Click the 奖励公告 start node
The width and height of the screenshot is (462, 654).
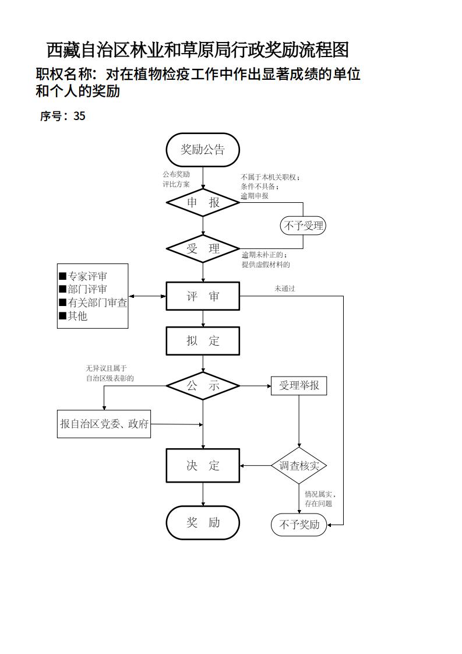pyautogui.click(x=203, y=150)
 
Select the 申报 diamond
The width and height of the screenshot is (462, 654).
pyautogui.click(x=203, y=202)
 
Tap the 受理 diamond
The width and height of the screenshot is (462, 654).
pyautogui.click(x=203, y=249)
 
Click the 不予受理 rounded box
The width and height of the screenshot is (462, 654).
pyautogui.click(x=303, y=226)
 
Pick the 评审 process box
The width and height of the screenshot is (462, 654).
pyautogui.click(x=203, y=296)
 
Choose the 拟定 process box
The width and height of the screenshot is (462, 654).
pyautogui.click(x=203, y=340)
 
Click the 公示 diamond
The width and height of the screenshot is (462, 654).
pyautogui.click(x=203, y=386)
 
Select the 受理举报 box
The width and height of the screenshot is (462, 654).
pyautogui.click(x=299, y=386)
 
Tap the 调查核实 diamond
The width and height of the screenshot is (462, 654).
pyautogui.click(x=299, y=466)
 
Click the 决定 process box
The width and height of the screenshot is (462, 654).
pyautogui.click(x=203, y=465)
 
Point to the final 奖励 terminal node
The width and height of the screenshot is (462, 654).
pyautogui.click(x=203, y=522)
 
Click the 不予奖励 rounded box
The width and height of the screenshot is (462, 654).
pyautogui.click(x=299, y=525)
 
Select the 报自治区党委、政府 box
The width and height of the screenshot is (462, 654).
pyautogui.click(x=104, y=424)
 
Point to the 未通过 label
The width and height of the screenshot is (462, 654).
pyautogui.click(x=284, y=289)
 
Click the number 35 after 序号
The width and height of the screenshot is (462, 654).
pyautogui.click(x=79, y=116)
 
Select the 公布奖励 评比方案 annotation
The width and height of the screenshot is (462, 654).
pyautogui.click(x=176, y=179)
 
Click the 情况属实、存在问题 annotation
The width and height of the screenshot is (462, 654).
pyautogui.click(x=319, y=499)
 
